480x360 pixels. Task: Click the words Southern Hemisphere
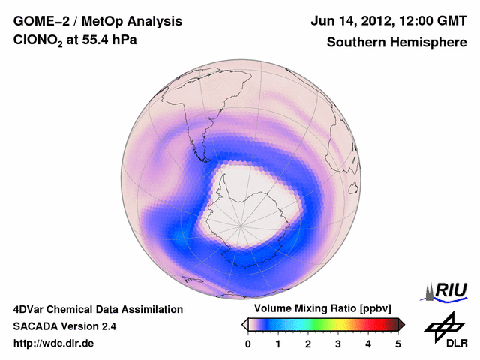click(x=397, y=43)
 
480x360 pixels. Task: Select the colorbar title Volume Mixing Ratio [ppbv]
click(x=321, y=308)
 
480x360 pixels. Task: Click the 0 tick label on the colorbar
click(x=248, y=343)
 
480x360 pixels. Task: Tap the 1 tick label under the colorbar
click(x=278, y=343)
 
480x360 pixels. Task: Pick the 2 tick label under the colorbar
click(x=308, y=343)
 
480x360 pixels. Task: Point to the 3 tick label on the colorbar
click(x=338, y=343)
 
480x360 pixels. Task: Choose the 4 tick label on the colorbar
click(x=368, y=343)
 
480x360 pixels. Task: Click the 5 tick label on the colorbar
click(x=398, y=343)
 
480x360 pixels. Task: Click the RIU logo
click(x=448, y=290)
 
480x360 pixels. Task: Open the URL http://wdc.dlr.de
click(x=54, y=343)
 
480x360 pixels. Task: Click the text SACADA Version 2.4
click(x=64, y=326)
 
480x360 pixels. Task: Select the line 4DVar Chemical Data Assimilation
click(x=97, y=309)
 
